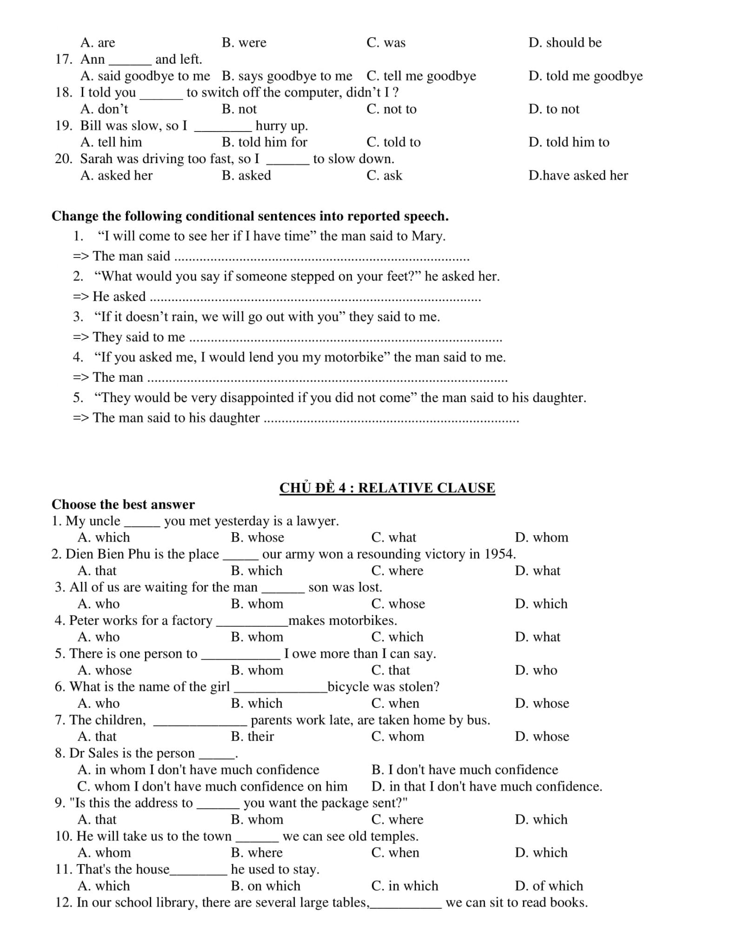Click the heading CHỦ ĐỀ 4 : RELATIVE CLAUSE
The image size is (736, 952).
387,488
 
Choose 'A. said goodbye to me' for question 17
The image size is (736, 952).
145,76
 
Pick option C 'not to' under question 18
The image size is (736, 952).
391,109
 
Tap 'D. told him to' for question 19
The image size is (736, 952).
569,142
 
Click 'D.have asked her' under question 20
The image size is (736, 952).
578,175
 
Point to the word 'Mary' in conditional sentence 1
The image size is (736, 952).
427,236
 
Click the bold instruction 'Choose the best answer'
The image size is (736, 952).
123,504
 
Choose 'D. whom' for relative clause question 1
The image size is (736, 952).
542,537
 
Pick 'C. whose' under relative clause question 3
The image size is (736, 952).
398,604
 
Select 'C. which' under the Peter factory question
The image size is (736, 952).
397,637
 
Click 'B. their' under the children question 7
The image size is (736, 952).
252,736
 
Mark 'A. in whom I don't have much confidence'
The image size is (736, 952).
199,770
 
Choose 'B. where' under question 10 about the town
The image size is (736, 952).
257,853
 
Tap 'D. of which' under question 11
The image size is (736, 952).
549,886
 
